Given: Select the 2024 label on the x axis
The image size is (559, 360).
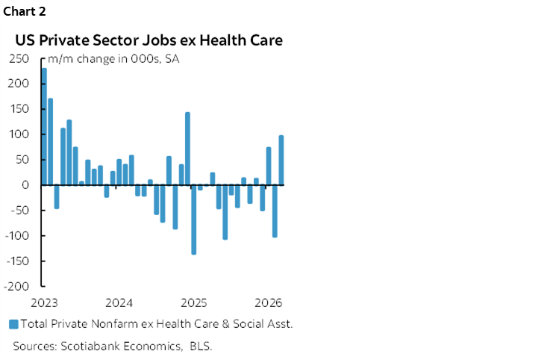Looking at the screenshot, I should click(119, 302).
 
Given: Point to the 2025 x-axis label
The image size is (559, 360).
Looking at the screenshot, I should click(194, 302).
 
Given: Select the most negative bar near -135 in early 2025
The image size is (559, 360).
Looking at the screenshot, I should click(194, 220).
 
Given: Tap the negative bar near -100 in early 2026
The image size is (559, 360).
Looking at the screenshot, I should click(275, 211).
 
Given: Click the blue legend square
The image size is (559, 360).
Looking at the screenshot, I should click(13, 324).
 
